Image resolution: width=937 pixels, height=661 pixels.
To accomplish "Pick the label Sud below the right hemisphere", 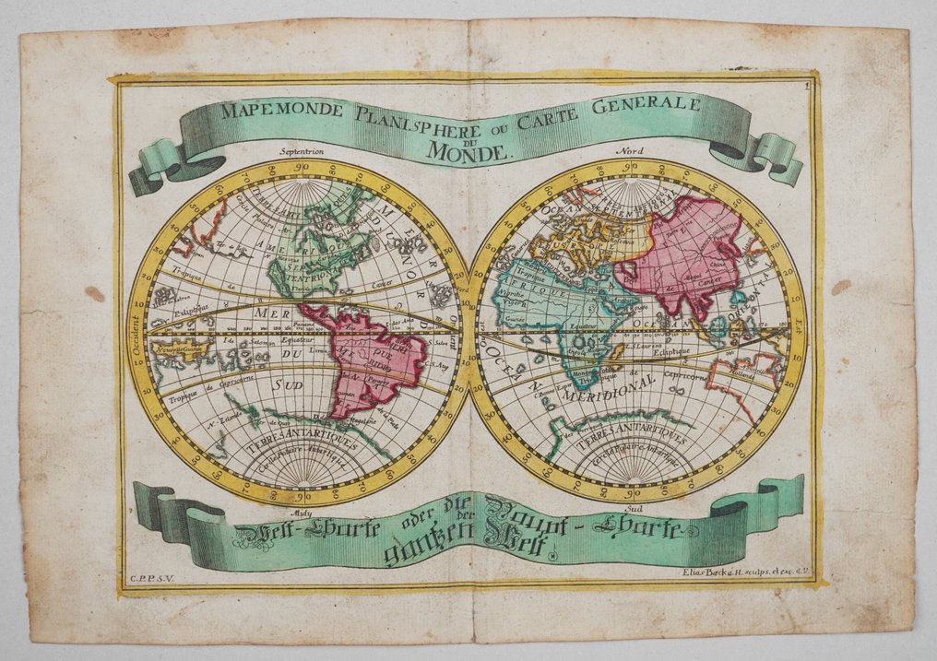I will coord(633,508).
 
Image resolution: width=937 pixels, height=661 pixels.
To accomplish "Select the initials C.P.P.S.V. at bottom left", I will coord(151,578).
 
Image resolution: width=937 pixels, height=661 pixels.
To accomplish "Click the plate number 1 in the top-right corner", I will coord(805,87).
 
